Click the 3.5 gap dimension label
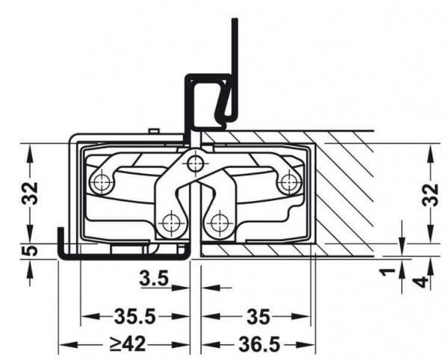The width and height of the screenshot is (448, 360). coord(155,278)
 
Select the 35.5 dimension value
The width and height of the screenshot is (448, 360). coord(135,317)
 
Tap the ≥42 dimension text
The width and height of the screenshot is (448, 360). coord(128,344)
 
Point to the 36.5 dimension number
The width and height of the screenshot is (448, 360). coord(259,344)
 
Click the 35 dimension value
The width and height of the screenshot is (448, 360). coord(258,317)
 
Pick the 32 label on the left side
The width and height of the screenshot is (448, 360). coord(30,193)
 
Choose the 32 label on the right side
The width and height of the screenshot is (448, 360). coord(430,195)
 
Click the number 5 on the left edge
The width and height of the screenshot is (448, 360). coord(30,250)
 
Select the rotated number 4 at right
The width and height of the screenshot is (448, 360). coord(422,282)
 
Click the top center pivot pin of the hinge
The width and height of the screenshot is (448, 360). coord(195,163)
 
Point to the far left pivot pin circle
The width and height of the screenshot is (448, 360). coord(100,181)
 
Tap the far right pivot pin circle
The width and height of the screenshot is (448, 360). coord(289,182)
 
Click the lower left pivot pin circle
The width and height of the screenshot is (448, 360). coord(171,223)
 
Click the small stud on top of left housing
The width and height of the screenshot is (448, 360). coord(154,131)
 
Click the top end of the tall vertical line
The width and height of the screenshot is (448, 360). coord(234,19)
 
